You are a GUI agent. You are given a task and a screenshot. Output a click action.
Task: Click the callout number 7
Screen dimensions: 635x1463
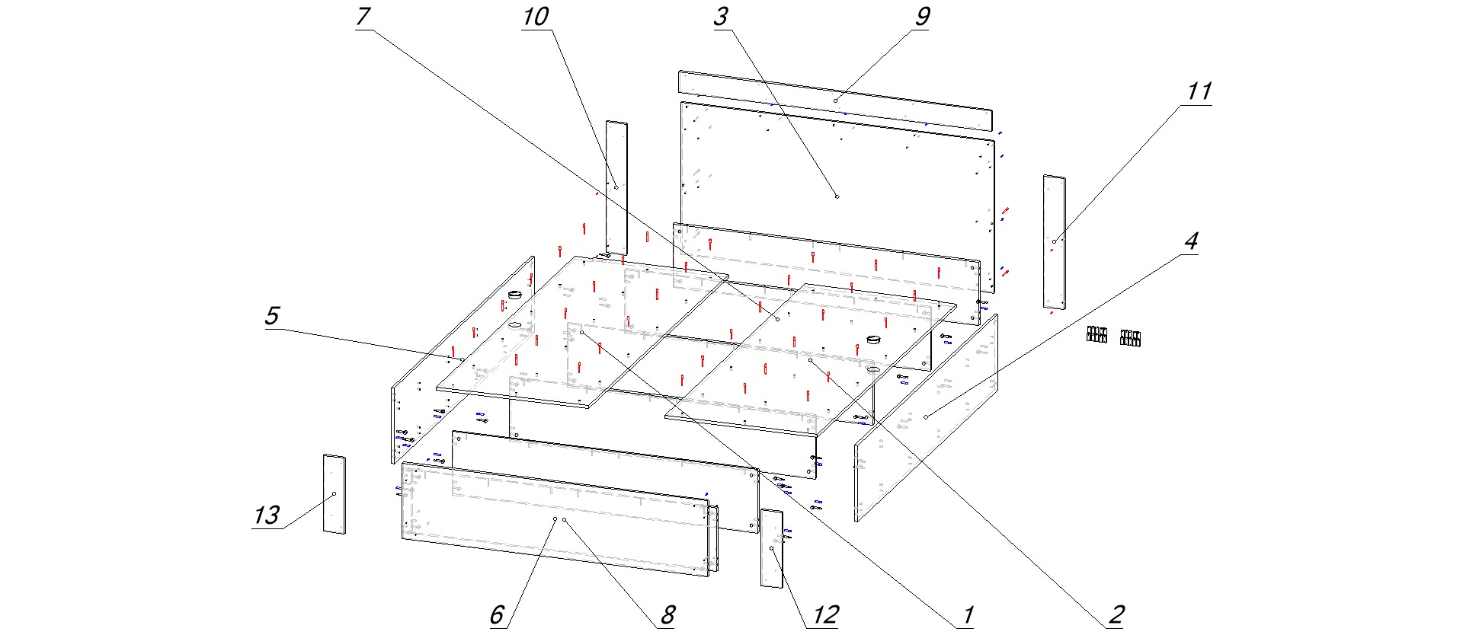(363, 16)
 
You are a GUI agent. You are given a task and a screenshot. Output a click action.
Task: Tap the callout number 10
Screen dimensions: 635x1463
(535, 16)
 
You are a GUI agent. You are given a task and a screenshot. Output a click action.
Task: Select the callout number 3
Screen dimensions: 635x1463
(721, 16)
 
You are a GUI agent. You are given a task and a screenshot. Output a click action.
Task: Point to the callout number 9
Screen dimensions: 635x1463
(923, 16)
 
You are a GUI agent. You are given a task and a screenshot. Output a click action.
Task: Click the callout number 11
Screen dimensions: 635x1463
(1199, 91)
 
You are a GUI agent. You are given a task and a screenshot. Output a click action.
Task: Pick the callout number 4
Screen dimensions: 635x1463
(1191, 241)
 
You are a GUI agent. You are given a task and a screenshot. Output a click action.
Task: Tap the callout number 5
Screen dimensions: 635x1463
(271, 315)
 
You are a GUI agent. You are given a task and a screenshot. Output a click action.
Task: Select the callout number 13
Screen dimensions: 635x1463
(266, 515)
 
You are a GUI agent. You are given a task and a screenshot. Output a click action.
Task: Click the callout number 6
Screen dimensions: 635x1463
(497, 614)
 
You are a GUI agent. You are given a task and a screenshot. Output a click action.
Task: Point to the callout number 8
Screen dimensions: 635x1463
(667, 614)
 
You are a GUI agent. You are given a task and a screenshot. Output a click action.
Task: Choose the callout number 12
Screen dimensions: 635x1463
(825, 614)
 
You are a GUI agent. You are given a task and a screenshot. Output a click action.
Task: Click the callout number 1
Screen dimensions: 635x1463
(968, 614)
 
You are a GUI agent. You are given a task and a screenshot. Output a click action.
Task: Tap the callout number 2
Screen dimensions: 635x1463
(1116, 614)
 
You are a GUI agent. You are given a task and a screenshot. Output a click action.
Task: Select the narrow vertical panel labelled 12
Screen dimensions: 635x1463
(771, 563)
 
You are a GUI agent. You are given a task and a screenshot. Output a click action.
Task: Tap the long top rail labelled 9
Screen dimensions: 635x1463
(835, 101)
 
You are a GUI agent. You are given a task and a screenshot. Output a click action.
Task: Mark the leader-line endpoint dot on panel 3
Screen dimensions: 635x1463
(837, 196)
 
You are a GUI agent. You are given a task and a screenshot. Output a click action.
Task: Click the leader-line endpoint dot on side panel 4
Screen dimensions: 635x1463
(925, 417)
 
